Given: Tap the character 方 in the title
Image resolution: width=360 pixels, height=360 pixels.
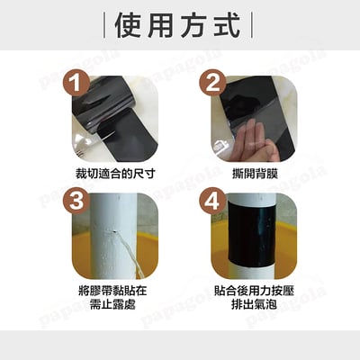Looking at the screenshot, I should coord(198,24).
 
